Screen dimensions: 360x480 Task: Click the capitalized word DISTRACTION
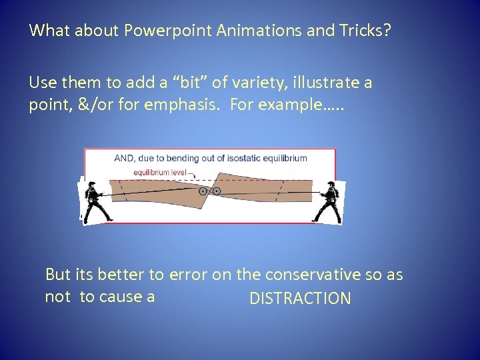pyautogui.click(x=300, y=299)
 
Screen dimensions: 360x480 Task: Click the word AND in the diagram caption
pyautogui.click(x=125, y=159)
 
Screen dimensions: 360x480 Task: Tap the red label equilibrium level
pyautogui.click(x=159, y=172)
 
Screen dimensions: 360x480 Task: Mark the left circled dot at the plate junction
pyautogui.click(x=203, y=191)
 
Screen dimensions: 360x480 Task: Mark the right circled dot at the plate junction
pyautogui.click(x=217, y=191)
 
